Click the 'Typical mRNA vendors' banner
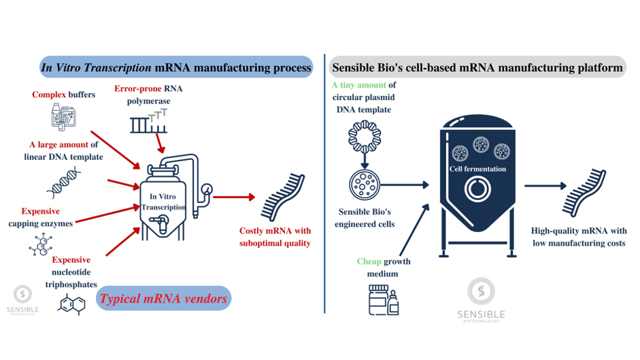pos(164,297)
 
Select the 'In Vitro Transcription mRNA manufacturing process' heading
pos(176,67)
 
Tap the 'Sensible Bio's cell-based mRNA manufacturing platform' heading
pos(476,67)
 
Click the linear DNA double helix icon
pos(66,182)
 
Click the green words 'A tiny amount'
pos(358,85)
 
